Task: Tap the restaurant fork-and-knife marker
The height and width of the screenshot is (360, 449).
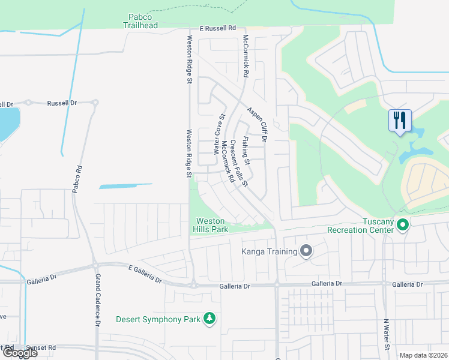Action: [x=399, y=120]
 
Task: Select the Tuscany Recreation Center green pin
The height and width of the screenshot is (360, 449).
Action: [x=403, y=226]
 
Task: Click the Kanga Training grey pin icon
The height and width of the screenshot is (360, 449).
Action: [x=306, y=251]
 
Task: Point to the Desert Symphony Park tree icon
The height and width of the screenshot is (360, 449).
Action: [x=209, y=319]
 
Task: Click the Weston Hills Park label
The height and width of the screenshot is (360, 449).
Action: [x=210, y=225]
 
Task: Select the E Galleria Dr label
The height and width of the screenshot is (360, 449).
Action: [x=145, y=275]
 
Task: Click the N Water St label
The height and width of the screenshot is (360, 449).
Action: [x=387, y=334]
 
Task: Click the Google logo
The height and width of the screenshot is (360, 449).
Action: [x=19, y=353]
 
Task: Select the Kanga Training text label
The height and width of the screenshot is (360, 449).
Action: [x=269, y=251]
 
